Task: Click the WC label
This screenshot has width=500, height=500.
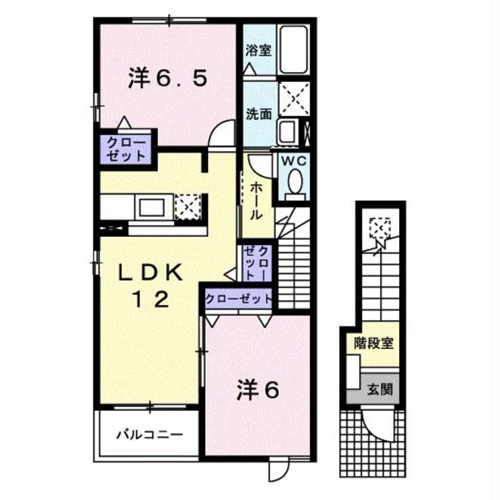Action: pos(291,160)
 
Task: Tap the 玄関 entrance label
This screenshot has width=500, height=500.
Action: pos(379,389)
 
